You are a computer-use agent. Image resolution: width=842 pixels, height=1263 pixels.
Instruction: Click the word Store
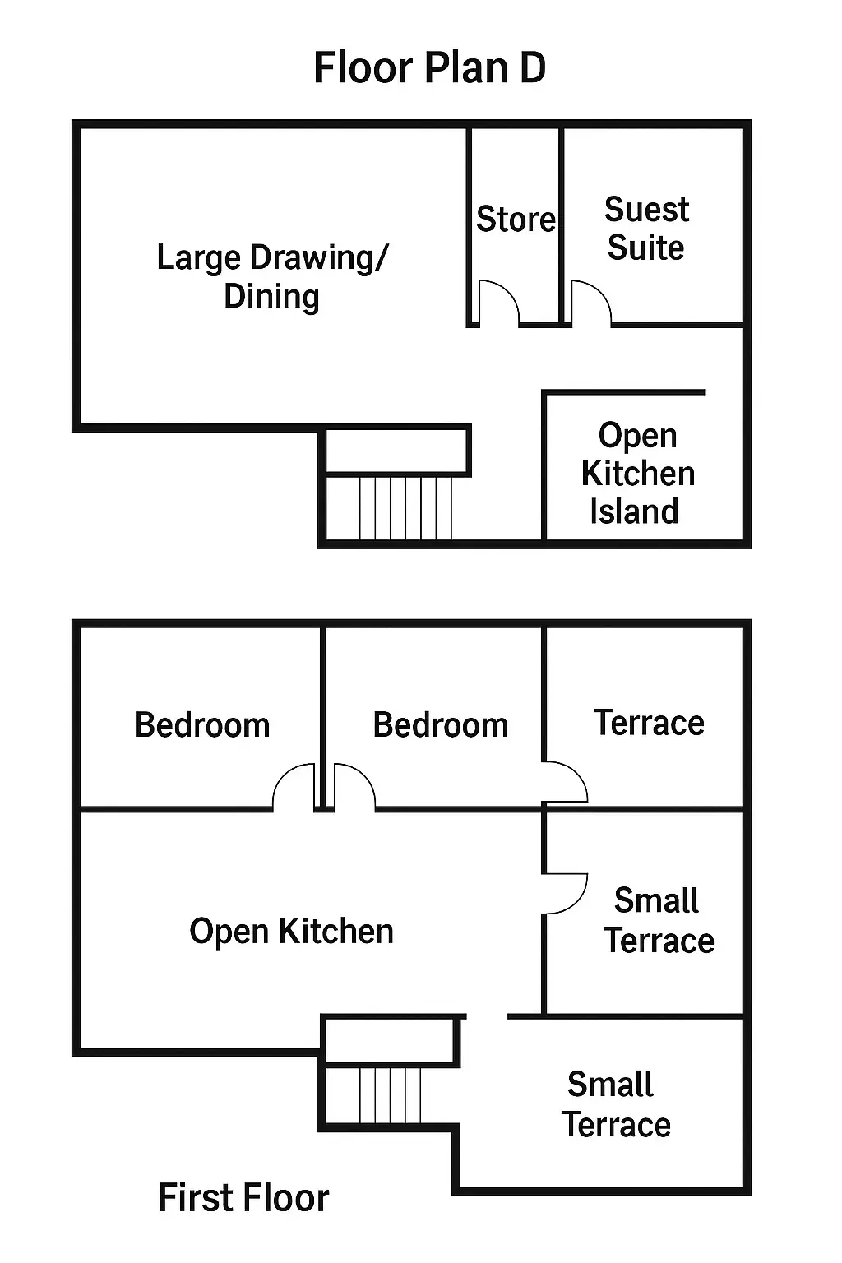(x=516, y=219)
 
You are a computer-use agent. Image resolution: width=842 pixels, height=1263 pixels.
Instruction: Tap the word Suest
(x=647, y=210)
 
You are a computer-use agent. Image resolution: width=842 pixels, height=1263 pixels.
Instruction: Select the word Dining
(x=272, y=297)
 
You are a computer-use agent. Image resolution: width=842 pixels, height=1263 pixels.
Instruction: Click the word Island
(x=635, y=511)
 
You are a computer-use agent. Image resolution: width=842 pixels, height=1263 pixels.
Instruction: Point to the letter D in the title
(x=532, y=67)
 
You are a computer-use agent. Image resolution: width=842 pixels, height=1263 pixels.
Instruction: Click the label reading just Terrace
(x=649, y=722)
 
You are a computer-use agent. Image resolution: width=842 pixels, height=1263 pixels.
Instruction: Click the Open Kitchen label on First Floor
(x=292, y=931)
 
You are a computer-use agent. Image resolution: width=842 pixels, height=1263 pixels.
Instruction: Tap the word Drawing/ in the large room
(x=319, y=259)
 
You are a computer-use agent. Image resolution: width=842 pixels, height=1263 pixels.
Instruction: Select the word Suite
(x=645, y=248)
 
